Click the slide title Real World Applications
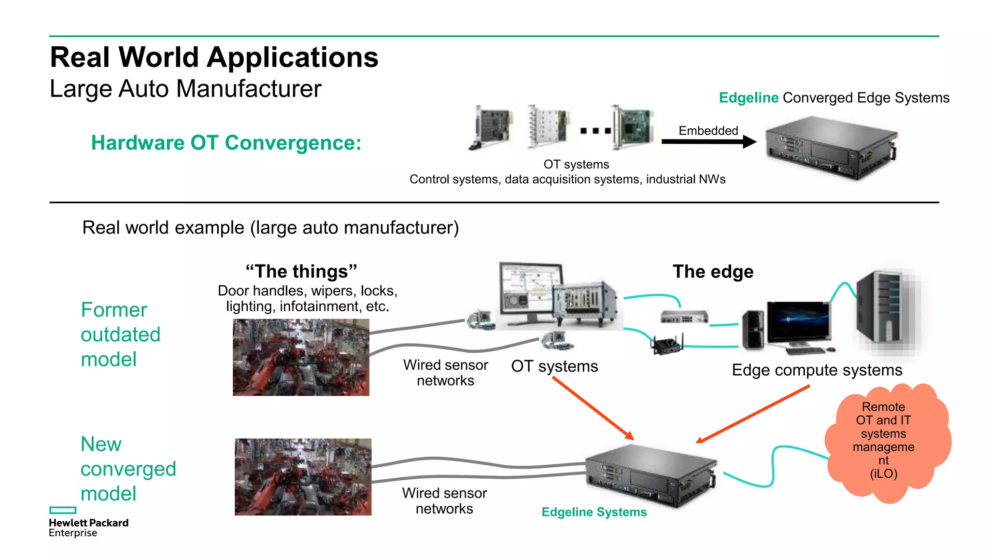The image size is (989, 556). [214, 57]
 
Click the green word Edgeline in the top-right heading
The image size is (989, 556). [748, 98]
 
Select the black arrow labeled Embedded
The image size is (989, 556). [708, 142]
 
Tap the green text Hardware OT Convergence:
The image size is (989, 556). [226, 143]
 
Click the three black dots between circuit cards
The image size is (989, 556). [595, 131]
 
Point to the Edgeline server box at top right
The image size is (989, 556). [832, 147]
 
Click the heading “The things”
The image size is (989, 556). [301, 271]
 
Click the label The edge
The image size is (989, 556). [713, 272]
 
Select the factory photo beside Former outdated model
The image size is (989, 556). [301, 357]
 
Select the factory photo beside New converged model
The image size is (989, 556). [303, 477]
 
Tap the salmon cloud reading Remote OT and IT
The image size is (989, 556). [887, 442]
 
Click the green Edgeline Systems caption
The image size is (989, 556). [594, 512]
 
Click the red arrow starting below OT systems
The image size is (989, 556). [593, 408]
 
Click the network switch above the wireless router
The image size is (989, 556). [684, 317]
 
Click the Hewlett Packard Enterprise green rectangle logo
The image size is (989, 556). [63, 510]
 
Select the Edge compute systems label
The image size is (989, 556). [817, 370]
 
